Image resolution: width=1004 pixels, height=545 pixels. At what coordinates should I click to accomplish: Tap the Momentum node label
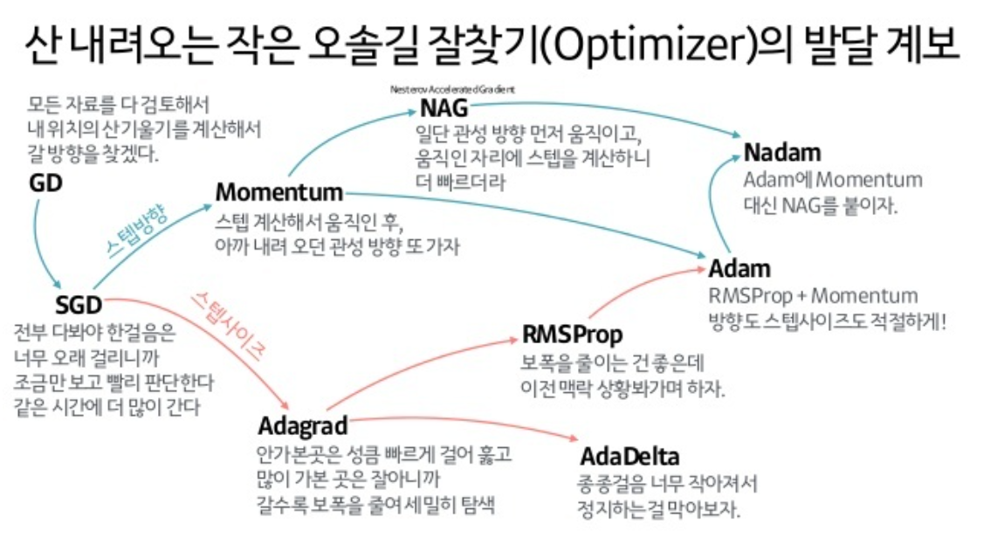click(x=279, y=191)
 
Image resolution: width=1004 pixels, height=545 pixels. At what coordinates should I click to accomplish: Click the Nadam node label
click(x=782, y=153)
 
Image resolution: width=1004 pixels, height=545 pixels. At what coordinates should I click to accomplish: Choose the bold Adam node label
click(x=739, y=267)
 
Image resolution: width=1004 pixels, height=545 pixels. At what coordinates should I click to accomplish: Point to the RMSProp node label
click(x=573, y=335)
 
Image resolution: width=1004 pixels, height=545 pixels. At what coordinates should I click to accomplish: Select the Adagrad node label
click(x=303, y=426)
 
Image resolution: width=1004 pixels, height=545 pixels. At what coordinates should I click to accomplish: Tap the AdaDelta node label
click(x=629, y=457)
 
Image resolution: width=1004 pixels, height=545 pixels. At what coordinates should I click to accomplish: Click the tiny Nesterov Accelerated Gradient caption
click(x=453, y=89)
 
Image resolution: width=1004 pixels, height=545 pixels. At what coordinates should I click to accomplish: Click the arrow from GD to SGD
click(x=38, y=245)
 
